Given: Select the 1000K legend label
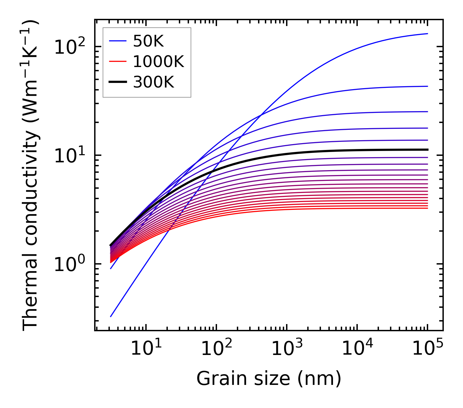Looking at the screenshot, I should coord(158,61).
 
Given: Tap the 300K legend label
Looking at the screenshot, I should coord(153,82).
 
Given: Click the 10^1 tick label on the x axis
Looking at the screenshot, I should coord(146,349).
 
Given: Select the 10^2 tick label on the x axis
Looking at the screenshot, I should coord(216,349).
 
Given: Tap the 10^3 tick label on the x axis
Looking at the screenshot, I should coord(287,349).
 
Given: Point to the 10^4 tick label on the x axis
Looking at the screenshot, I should coord(357,349).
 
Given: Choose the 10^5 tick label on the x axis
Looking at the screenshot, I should coord(427,349).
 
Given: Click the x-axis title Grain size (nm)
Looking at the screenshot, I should coord(269,379).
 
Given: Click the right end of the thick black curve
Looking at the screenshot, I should coord(427,150).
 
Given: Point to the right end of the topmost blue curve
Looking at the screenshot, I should coord(427,34).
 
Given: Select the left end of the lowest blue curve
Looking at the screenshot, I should coord(111,317).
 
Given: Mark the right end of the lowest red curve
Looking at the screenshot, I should coord(427,208).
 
